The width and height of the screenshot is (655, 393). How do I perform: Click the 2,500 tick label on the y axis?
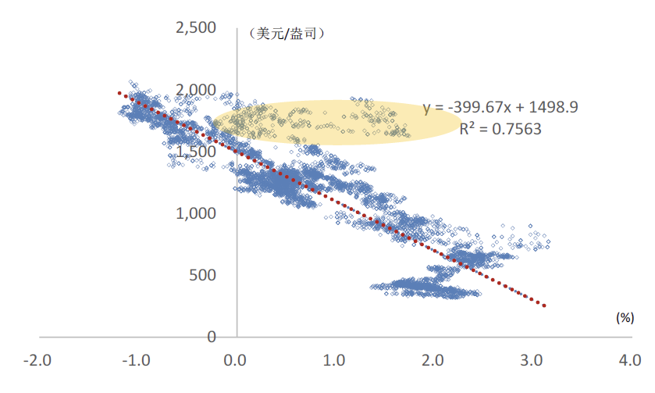[x=195, y=28]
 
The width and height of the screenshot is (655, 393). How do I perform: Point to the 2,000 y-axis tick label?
[x=195, y=90]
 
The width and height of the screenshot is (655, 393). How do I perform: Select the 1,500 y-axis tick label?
[x=195, y=152]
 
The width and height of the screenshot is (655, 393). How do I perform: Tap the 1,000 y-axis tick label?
[x=195, y=213]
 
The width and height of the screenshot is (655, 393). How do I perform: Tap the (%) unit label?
[x=624, y=317]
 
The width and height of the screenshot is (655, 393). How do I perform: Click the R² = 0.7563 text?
[x=500, y=128]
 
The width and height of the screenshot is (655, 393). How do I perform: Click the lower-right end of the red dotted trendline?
[x=544, y=305]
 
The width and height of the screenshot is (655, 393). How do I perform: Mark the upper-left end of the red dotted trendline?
[x=119, y=92]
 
